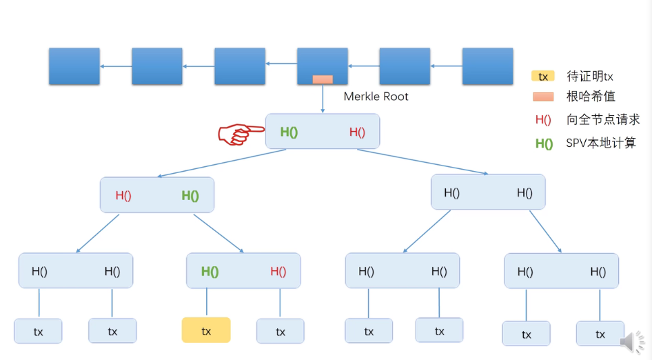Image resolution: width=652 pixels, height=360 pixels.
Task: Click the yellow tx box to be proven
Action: [x=206, y=330]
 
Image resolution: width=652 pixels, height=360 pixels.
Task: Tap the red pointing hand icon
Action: [x=241, y=134]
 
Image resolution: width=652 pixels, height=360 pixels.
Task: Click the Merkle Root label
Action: [x=376, y=97]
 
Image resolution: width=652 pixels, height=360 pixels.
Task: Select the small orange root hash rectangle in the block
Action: [x=323, y=79]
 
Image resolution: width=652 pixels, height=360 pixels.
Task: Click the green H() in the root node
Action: [x=289, y=132]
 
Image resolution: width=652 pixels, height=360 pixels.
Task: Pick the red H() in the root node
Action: [x=357, y=132]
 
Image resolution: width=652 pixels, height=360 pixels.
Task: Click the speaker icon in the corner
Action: [x=632, y=342]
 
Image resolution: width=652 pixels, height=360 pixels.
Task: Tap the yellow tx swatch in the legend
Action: [x=543, y=76]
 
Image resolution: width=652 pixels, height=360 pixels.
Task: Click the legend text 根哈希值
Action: [x=591, y=97]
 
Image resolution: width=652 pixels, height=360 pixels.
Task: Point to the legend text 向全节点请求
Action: [x=603, y=119]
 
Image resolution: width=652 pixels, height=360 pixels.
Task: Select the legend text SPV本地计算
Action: [x=601, y=143]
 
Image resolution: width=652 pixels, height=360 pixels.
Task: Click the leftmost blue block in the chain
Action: [x=74, y=66]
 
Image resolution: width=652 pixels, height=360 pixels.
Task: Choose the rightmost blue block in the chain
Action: [x=488, y=66]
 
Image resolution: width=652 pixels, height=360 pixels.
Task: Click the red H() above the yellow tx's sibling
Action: [x=278, y=271]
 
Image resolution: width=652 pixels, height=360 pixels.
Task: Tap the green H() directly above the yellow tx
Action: [x=210, y=272]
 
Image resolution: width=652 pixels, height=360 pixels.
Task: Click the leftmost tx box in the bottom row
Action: [x=39, y=331]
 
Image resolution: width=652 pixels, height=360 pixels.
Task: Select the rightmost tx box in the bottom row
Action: [x=600, y=334]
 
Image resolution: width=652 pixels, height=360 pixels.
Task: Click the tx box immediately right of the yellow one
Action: [x=281, y=331]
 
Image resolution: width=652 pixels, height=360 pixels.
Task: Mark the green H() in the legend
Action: [x=544, y=144]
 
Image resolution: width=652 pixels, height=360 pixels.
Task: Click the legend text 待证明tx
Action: [x=590, y=76]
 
